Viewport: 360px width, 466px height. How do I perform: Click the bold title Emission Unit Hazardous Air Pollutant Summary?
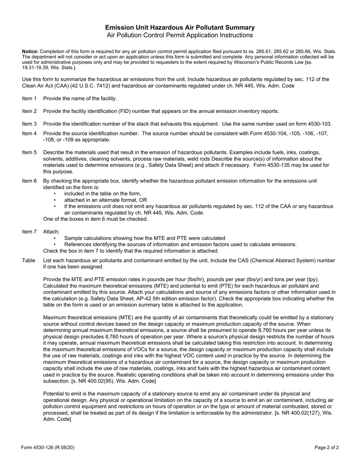[180, 28]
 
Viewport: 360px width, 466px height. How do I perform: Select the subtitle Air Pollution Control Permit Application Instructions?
[180, 35]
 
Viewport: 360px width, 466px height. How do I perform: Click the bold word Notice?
[30, 52]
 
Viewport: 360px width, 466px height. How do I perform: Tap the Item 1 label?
[29, 99]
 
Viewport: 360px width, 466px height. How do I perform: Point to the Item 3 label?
[29, 124]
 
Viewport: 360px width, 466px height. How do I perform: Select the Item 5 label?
[29, 152]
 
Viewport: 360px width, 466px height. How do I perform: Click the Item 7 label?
[29, 231]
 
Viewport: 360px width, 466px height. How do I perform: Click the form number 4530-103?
[319, 124]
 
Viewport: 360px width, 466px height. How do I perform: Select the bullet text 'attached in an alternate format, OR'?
[105, 200]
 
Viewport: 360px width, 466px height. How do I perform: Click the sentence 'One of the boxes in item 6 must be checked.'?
[95, 219]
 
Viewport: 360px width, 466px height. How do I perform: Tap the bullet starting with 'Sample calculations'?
[144, 238]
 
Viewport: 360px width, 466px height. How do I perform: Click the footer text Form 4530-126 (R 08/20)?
[48, 447]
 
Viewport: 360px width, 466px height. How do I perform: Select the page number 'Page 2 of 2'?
[326, 447]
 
